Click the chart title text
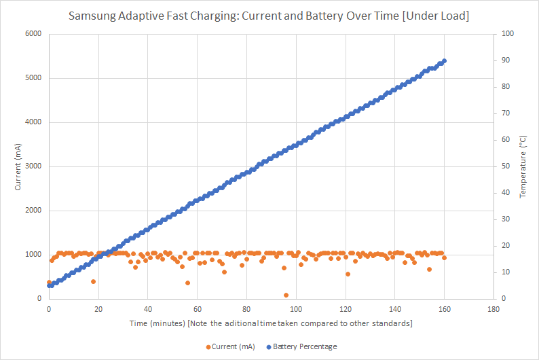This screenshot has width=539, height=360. click(x=269, y=15)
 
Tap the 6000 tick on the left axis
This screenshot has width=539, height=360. click(x=32, y=34)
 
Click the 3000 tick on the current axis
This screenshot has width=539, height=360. click(x=32, y=166)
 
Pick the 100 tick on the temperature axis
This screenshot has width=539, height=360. click(x=506, y=34)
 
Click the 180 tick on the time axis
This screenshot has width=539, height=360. click(x=494, y=308)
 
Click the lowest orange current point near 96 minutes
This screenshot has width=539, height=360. click(x=286, y=295)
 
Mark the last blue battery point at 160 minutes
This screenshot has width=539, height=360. click(x=444, y=61)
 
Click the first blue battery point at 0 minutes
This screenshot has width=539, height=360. click(x=49, y=285)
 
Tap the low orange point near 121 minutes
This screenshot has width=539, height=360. click(x=348, y=274)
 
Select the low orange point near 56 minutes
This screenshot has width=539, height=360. click(x=187, y=283)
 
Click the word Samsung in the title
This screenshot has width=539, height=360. click(x=92, y=15)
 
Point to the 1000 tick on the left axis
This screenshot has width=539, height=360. click(x=32, y=255)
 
